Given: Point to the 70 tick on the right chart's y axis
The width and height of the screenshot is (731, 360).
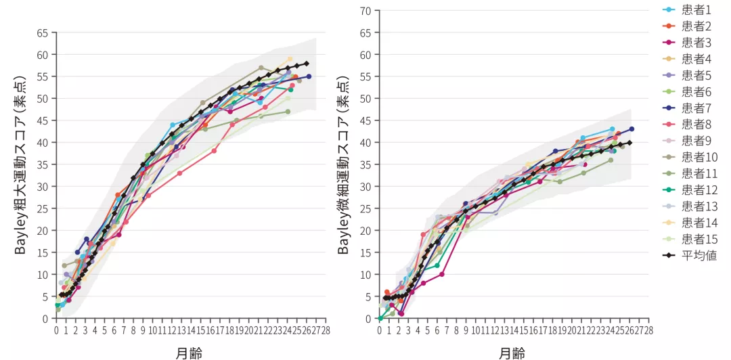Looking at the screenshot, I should click(x=367, y=10).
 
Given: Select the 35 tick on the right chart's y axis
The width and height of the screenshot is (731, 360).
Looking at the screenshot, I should click(x=367, y=164).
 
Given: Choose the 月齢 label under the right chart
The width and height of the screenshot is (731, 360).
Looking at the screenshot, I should click(x=513, y=352).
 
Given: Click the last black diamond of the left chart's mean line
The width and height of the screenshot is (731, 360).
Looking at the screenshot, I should click(x=306, y=64).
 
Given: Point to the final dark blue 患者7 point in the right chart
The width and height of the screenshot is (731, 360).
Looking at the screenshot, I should click(x=632, y=129).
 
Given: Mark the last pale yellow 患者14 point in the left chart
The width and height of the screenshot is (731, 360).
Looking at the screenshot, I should click(x=290, y=59).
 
